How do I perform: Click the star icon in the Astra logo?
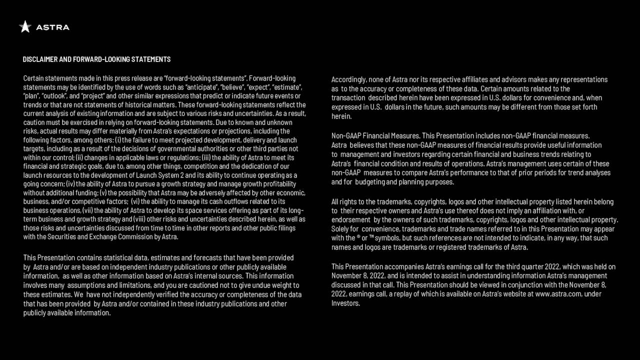pos(25,26)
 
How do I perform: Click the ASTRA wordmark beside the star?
pos(52,27)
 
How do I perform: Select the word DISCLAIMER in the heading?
pos(40,59)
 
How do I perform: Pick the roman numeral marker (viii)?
pos(139,219)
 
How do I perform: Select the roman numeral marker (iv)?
pos(70,184)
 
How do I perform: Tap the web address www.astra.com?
pos(558,294)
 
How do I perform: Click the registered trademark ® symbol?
pos(359,237)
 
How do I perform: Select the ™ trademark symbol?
pos(371,237)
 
